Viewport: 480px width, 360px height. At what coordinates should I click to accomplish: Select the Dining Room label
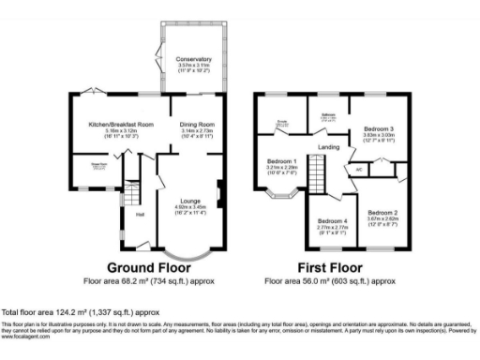(x=198, y=124)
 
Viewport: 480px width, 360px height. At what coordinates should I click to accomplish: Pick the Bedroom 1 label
(x=281, y=159)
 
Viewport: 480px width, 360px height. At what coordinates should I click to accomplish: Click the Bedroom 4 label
(x=333, y=221)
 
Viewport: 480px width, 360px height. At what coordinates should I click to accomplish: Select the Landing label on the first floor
(x=328, y=147)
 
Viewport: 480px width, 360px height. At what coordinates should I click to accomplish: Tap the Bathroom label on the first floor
(x=328, y=116)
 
